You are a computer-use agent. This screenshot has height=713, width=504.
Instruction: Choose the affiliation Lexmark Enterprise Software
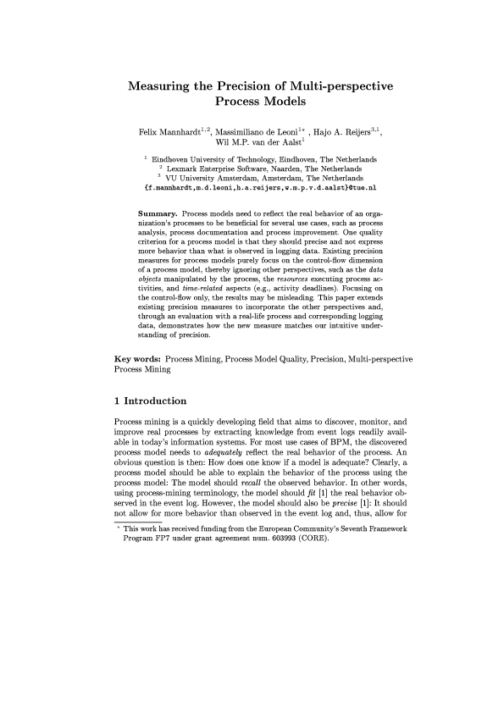coord(224,169)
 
